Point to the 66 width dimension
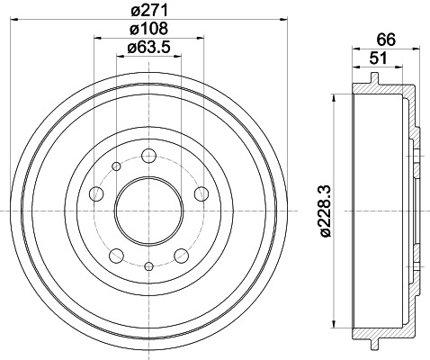[387, 40]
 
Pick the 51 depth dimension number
[380, 59]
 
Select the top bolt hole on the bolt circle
[148, 156]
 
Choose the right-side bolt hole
[201, 193]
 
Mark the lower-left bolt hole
[117, 254]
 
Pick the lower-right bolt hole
[181, 254]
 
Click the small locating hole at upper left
[117, 166]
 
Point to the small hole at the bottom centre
[148, 265]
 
